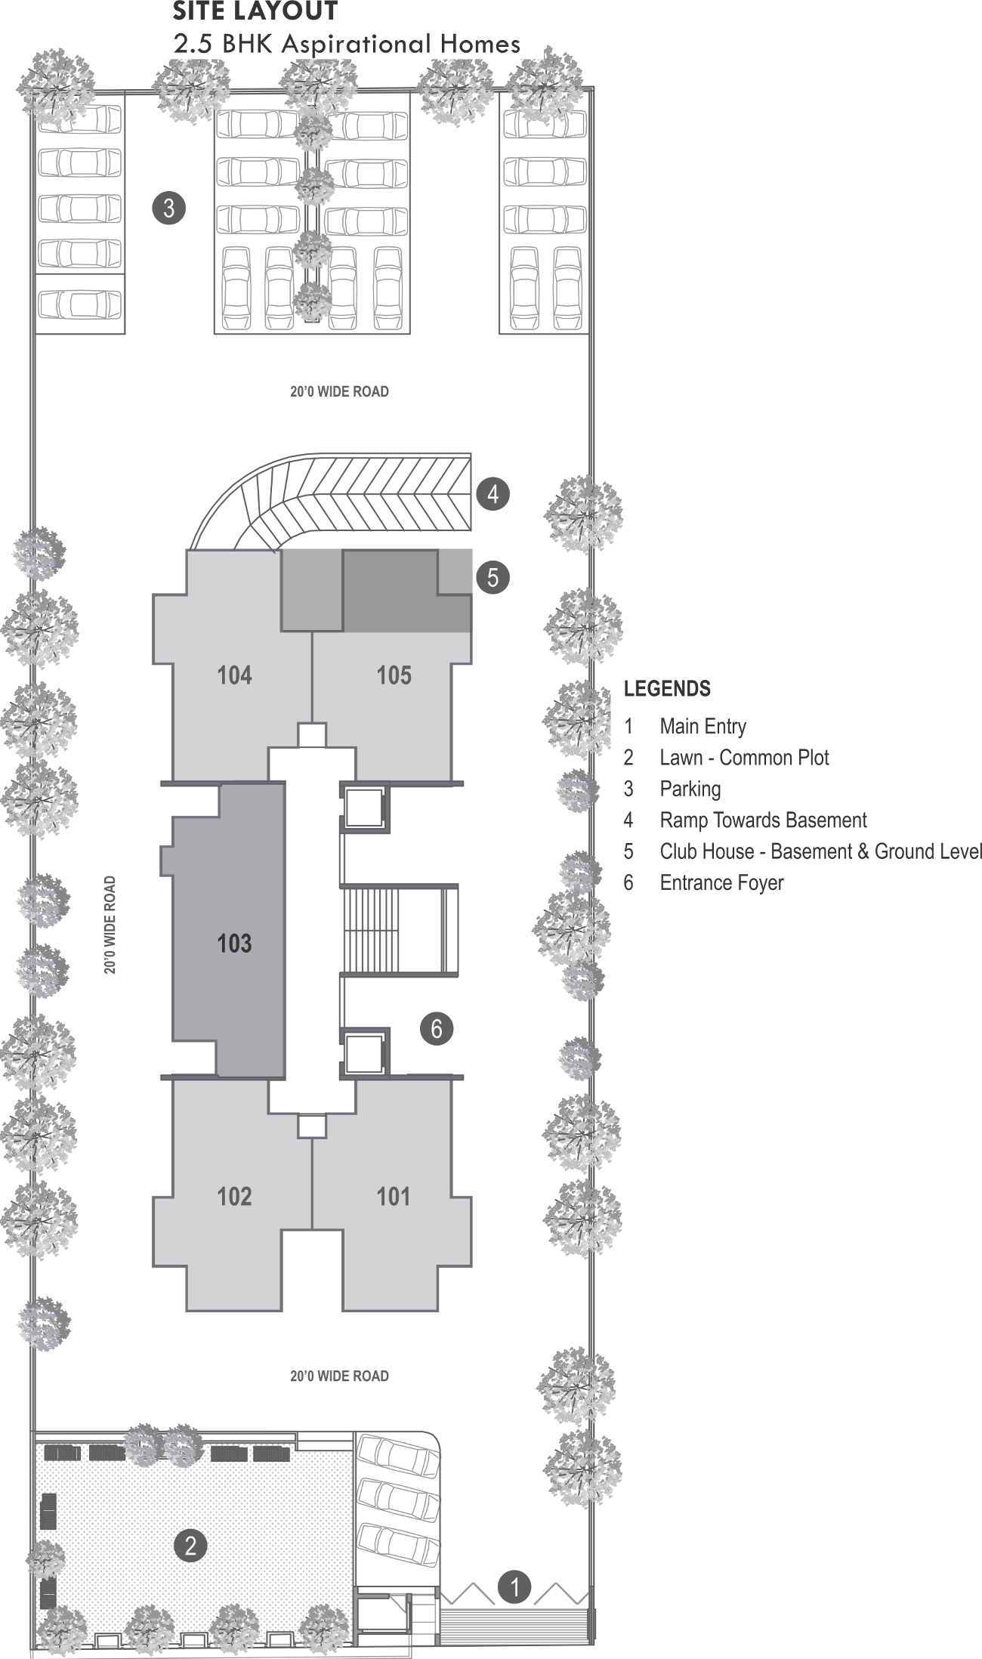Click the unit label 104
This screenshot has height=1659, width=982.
tap(234, 675)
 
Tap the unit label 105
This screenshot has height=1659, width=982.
tap(394, 675)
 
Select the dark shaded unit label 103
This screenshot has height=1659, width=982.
tap(234, 943)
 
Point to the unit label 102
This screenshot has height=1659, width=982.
tap(234, 1196)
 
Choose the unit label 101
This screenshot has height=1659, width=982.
tap(394, 1196)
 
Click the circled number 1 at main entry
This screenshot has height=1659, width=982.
tap(515, 1586)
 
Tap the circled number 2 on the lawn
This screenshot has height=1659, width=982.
tap(190, 1545)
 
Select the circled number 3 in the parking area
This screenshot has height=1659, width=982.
tap(168, 207)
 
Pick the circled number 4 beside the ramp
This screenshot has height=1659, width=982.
tap(493, 495)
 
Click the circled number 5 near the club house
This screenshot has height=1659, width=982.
tap(493, 577)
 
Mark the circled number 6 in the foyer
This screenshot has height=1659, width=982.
tap(437, 1028)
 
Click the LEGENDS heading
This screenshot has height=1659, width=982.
tap(667, 689)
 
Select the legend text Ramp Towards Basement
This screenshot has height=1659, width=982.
tap(763, 820)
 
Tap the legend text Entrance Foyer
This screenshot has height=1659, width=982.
tap(721, 883)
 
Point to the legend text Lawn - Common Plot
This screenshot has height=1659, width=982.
tap(744, 758)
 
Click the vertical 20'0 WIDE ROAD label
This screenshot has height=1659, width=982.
tap(111, 925)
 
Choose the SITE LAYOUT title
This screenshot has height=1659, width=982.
tap(255, 12)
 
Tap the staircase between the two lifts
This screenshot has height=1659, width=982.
tap(399, 930)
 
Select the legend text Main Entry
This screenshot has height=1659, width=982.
tap(703, 727)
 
